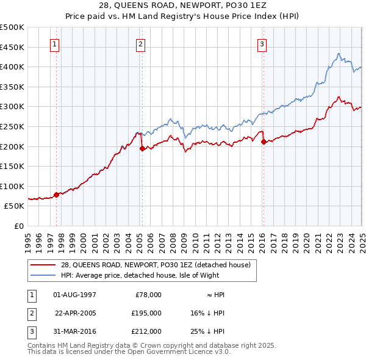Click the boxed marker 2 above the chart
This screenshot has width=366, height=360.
[x=140, y=43]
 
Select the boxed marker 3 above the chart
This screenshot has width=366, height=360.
[x=262, y=43]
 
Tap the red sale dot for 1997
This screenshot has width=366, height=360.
[x=57, y=195]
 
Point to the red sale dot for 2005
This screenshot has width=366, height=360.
[x=142, y=148]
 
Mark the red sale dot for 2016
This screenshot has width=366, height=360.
[x=264, y=142]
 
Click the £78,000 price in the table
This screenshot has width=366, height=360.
[x=147, y=295]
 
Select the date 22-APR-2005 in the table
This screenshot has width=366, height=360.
[x=76, y=313]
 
